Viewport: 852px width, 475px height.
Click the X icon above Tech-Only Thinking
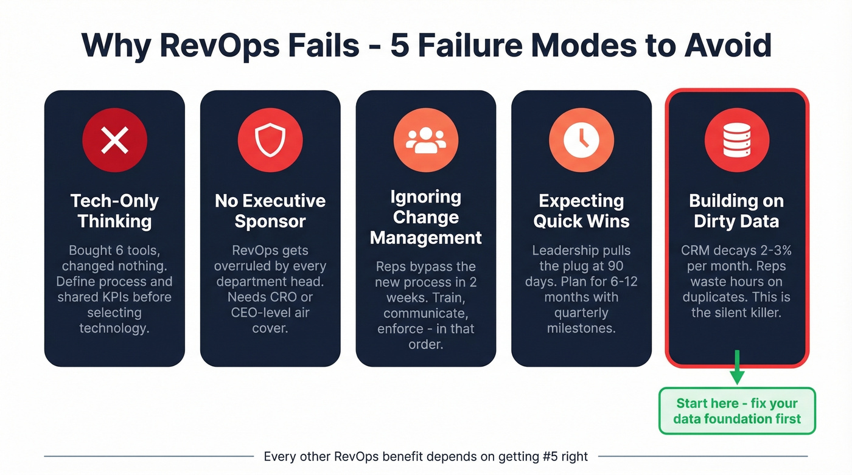pyautogui.click(x=114, y=140)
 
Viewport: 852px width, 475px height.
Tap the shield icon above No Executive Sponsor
pyautogui.click(x=270, y=140)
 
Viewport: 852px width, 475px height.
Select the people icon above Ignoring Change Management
pyautogui.click(x=425, y=140)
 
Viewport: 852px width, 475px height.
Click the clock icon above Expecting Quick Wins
pyautogui.click(x=581, y=140)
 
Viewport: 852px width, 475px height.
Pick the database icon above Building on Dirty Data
pyautogui.click(x=736, y=140)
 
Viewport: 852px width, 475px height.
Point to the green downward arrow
pyautogui.click(x=737, y=369)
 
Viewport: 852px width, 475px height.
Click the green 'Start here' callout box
pyautogui.click(x=737, y=411)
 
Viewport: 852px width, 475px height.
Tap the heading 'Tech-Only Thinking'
pyautogui.click(x=114, y=210)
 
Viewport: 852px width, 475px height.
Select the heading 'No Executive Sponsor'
pyautogui.click(x=270, y=210)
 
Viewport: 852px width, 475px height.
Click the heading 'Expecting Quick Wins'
pyautogui.click(x=581, y=210)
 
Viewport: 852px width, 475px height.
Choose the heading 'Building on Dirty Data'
pyautogui.click(x=736, y=210)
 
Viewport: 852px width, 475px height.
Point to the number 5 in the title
pyautogui.click(x=400, y=44)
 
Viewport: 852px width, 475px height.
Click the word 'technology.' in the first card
pyautogui.click(x=114, y=328)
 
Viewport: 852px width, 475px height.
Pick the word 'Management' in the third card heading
pyautogui.click(x=426, y=237)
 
